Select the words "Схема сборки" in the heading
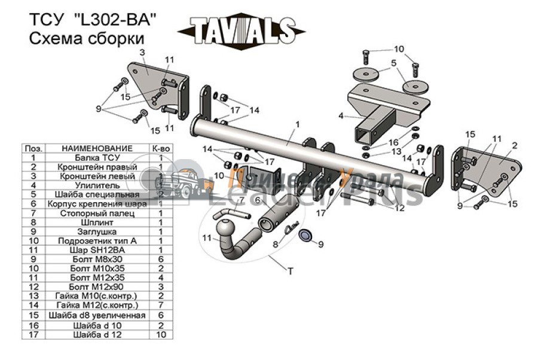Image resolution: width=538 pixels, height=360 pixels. point(87,39)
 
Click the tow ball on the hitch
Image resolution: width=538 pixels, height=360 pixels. point(228,231)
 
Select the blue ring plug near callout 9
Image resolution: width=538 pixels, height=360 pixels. point(305,234)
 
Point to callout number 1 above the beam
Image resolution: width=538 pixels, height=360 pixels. point(297,125)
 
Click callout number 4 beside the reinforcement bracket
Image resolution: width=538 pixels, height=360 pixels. point(341,115)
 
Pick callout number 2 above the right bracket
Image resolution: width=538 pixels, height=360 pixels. point(514,144)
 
